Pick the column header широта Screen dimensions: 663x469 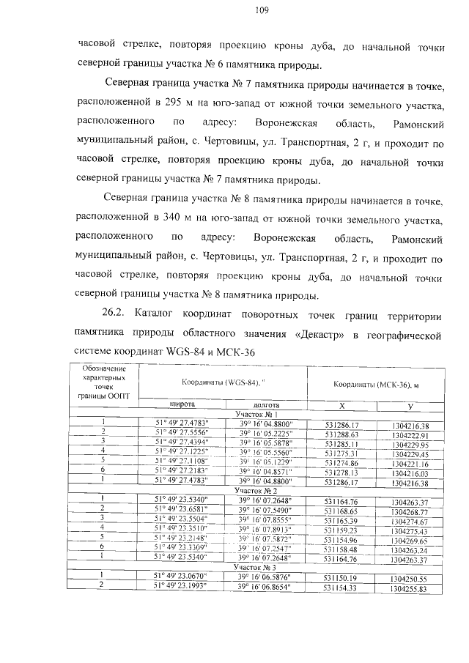[182, 404]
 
